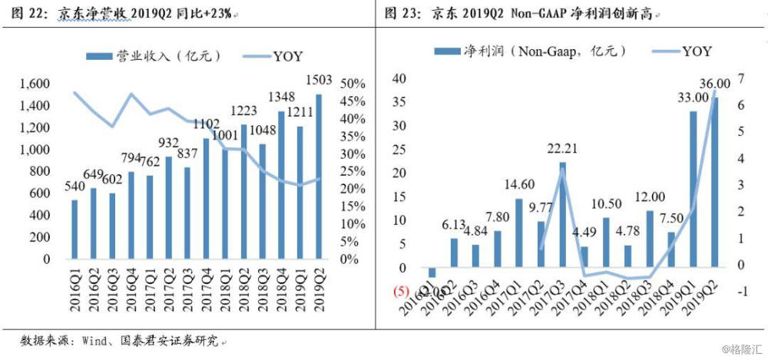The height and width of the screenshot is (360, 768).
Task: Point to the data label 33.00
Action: [692, 97]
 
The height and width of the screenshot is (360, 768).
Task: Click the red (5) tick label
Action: [399, 292]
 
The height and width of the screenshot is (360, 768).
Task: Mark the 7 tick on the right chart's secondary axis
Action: [742, 78]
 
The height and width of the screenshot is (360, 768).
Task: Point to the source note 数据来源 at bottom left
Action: [41, 339]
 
